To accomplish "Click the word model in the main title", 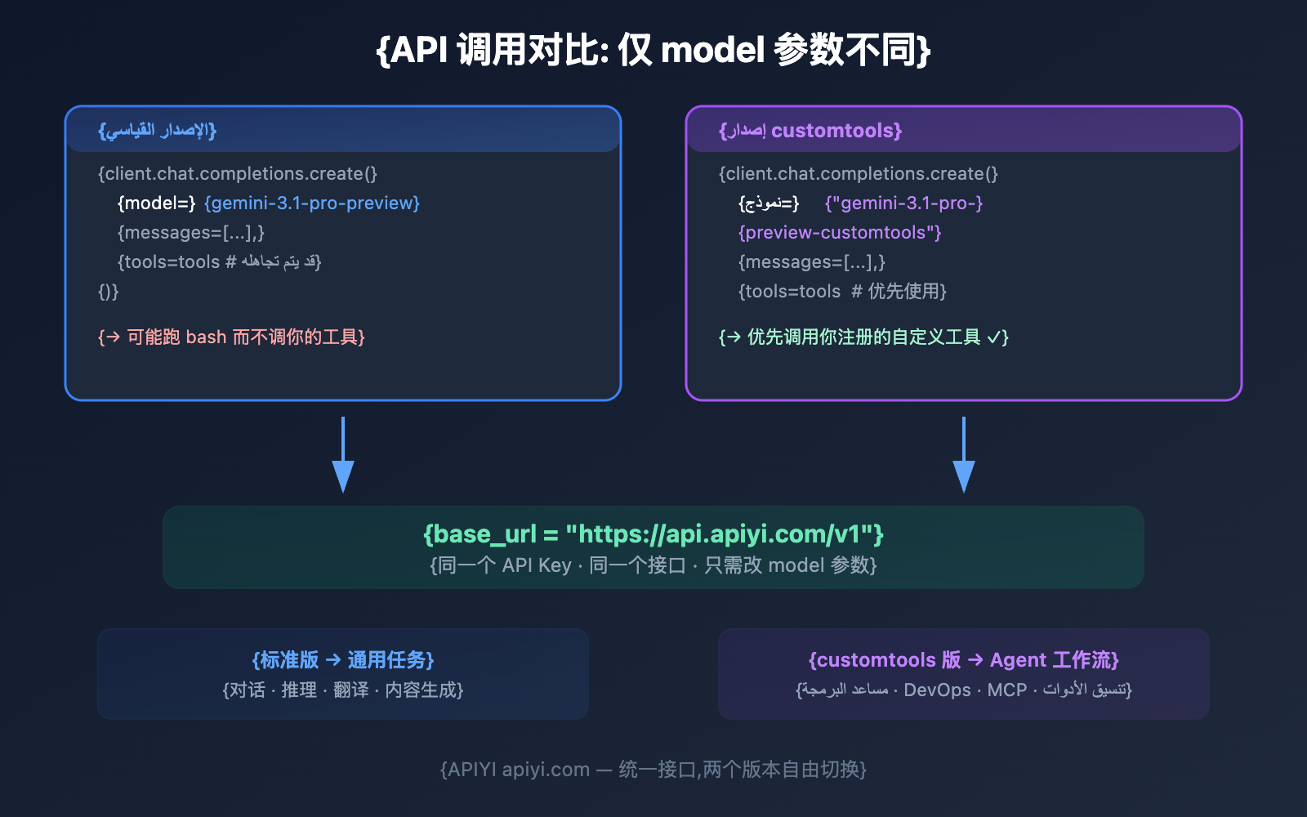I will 711,51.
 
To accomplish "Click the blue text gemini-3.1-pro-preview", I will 311,203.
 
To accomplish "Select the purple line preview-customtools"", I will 840,233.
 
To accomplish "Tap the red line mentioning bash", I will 231,337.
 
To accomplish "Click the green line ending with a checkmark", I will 863,337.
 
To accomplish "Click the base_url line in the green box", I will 653,534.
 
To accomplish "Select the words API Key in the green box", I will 537,565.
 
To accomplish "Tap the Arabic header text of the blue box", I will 158,131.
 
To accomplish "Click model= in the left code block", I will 157,203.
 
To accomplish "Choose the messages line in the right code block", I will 812,262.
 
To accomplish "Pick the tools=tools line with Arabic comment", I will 219,262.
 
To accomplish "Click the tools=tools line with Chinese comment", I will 842,292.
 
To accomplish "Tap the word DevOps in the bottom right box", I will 937,690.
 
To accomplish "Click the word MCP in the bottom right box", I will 1006,690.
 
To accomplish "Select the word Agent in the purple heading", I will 1018,660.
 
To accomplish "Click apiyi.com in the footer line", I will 546,770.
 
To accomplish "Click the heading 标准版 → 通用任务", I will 343,660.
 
